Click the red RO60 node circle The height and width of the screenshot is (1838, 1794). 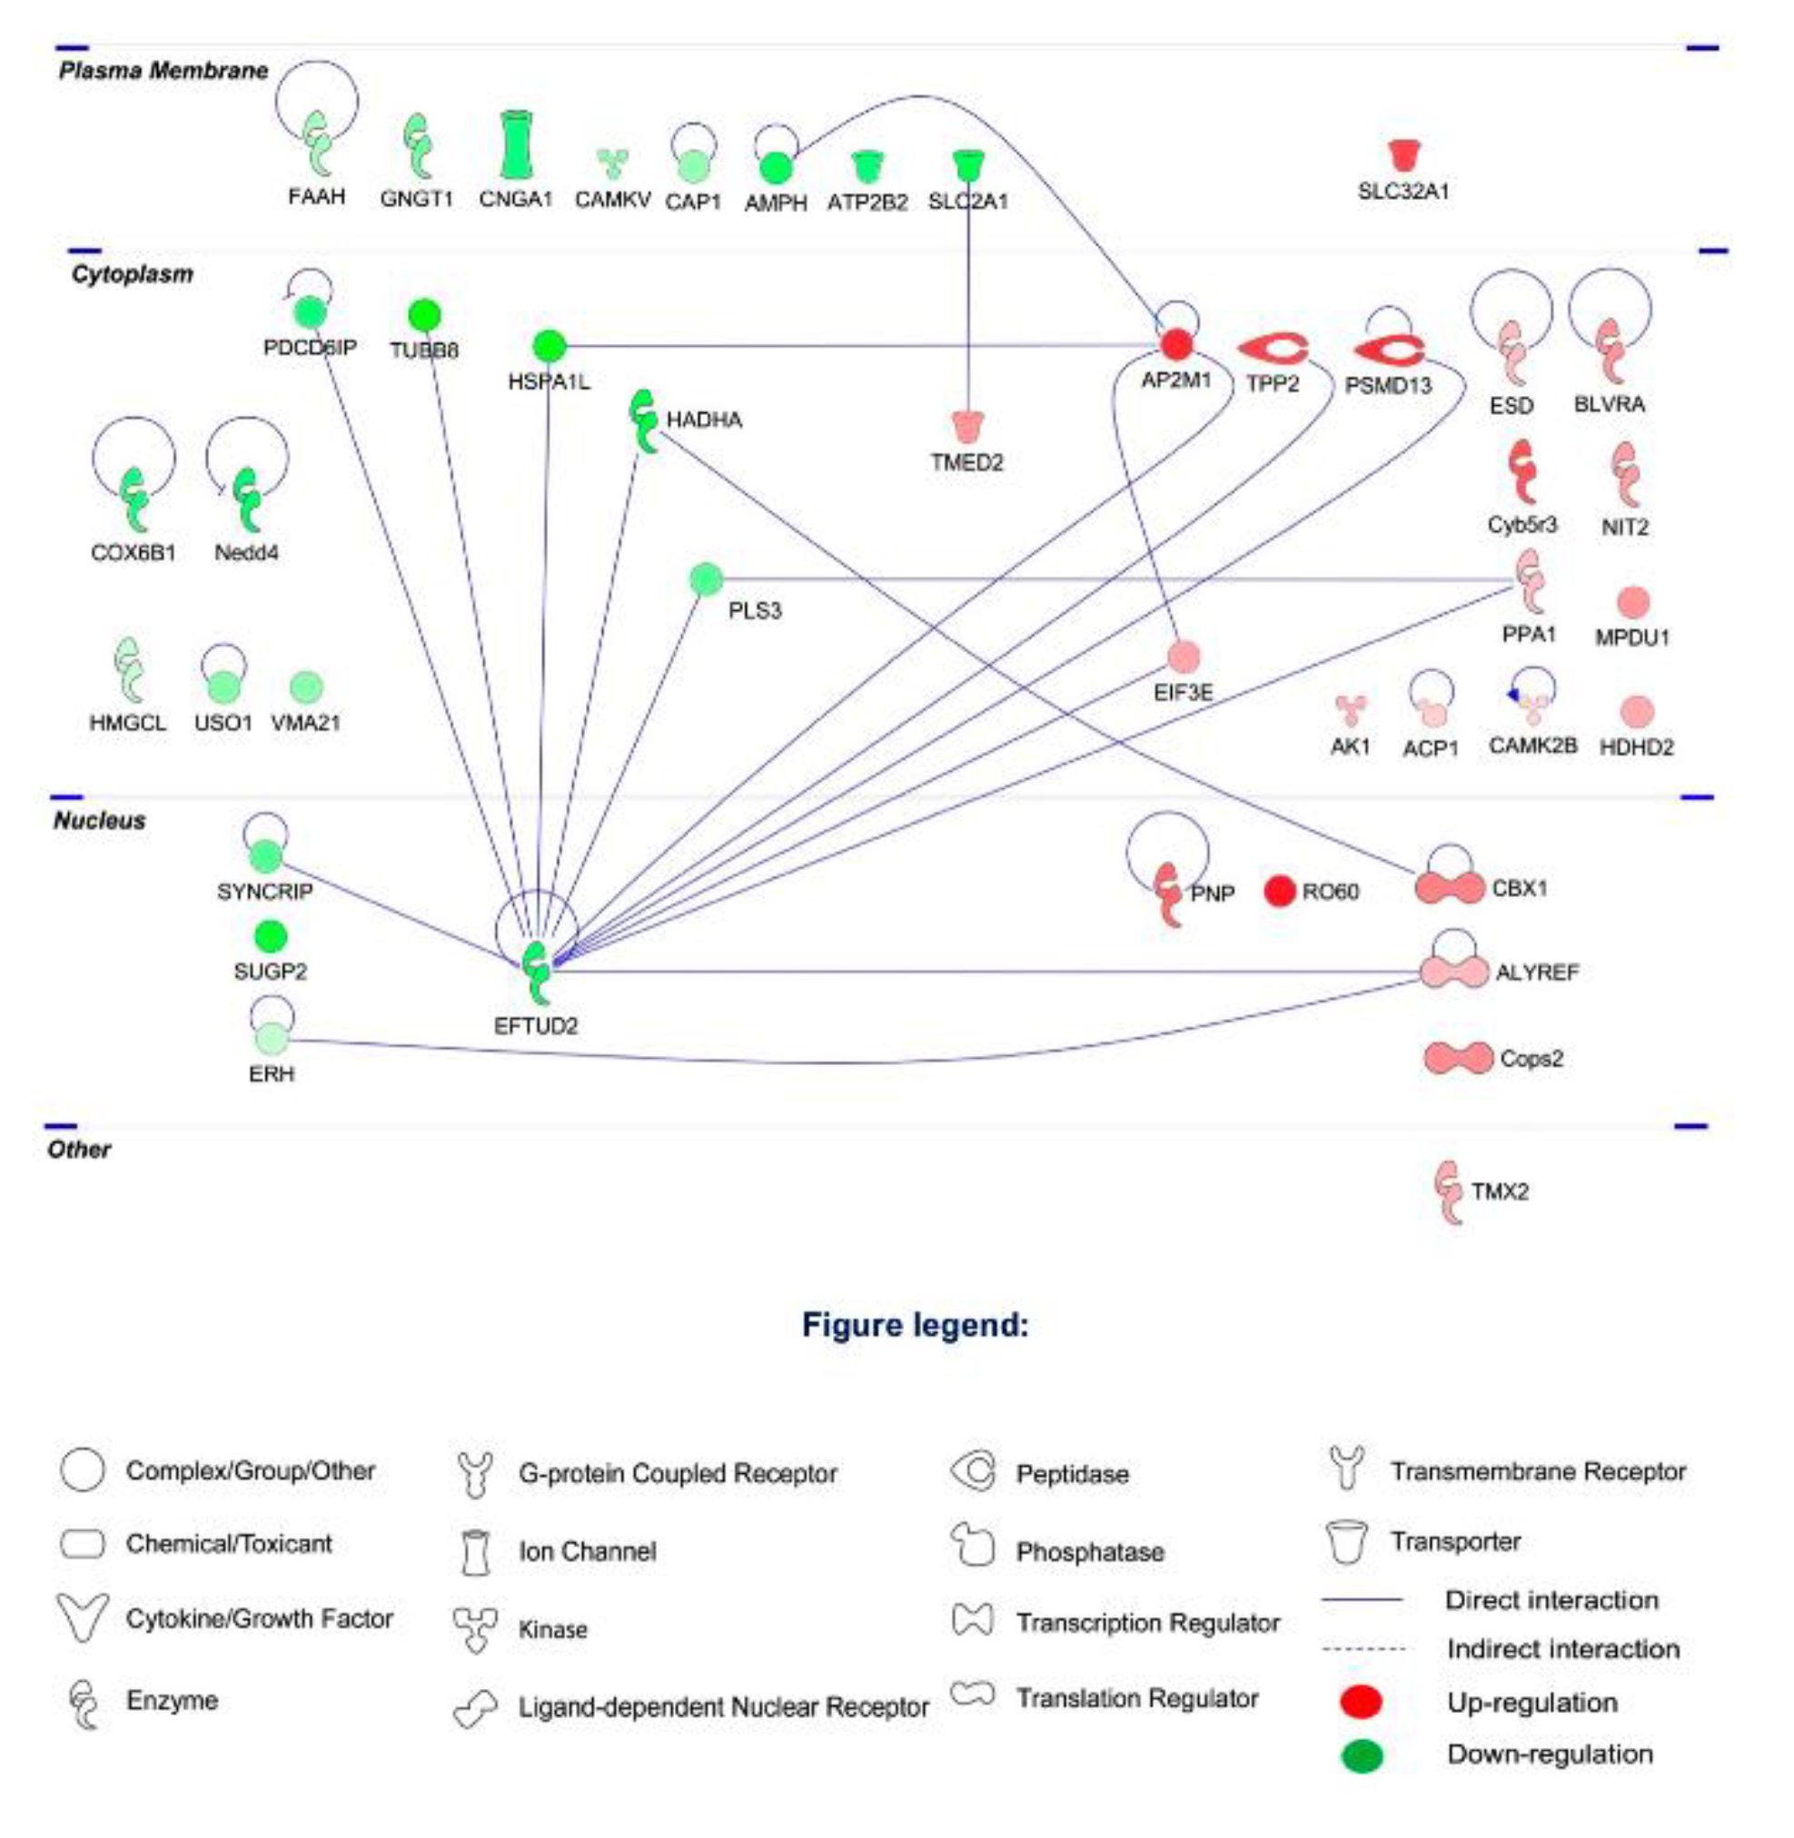1279,890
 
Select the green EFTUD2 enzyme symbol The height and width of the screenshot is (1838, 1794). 537,972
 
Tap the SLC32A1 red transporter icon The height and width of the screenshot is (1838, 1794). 1404,155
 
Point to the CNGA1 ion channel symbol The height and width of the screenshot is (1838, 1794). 514,145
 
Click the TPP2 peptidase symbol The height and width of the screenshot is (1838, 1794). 1272,350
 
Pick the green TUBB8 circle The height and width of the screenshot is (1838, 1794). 425,314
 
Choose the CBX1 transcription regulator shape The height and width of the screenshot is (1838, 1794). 1449,887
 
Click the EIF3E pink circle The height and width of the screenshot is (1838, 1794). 1184,656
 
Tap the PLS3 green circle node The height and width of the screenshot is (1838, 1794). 706,579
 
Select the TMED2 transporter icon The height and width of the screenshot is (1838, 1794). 967,427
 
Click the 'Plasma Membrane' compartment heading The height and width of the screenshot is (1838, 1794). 163,71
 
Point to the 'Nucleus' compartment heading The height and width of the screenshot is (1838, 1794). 100,821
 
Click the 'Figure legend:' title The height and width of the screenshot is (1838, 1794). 915,1326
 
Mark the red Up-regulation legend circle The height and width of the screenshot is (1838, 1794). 1361,1703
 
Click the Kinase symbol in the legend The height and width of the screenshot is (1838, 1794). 474,1629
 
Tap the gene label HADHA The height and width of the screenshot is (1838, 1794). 704,420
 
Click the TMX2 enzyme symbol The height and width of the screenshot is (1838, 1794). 1448,1191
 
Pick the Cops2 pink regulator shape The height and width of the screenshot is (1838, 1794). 1458,1059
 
